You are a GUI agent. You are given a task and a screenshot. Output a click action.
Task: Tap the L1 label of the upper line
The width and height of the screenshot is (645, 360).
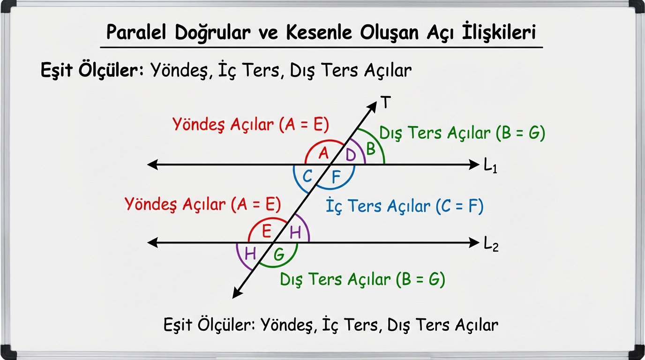tap(490, 166)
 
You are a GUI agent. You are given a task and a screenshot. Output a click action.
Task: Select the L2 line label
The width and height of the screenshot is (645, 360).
tap(491, 245)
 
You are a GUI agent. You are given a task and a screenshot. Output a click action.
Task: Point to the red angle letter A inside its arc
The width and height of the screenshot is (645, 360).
tap(323, 153)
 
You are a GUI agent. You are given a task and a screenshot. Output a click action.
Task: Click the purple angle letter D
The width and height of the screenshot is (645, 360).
tap(351, 155)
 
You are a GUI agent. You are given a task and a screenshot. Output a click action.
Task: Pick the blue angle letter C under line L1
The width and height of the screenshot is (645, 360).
tap(307, 176)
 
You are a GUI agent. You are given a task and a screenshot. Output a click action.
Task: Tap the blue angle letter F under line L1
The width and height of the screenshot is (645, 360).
tap(336, 177)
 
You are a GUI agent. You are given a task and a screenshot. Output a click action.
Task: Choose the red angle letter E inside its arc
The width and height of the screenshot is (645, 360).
tap(267, 231)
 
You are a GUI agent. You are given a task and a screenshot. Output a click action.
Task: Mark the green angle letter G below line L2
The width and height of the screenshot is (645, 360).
tap(279, 255)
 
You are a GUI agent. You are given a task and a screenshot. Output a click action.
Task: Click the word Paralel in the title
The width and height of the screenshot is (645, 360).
tap(136, 32)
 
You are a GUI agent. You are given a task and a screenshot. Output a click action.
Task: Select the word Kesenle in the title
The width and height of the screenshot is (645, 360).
tap(319, 32)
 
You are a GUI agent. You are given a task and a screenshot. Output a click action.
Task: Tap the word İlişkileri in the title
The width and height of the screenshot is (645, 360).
tap(499, 31)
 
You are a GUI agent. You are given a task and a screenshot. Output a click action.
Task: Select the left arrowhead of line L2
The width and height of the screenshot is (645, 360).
tap(153, 242)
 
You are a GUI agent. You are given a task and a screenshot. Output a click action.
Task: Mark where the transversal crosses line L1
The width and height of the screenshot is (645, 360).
tap(330, 165)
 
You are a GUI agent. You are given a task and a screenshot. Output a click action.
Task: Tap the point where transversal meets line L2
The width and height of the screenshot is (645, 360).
tap(273, 242)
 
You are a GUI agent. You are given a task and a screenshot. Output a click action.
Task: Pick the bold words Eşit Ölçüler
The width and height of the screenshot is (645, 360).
tap(92, 70)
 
